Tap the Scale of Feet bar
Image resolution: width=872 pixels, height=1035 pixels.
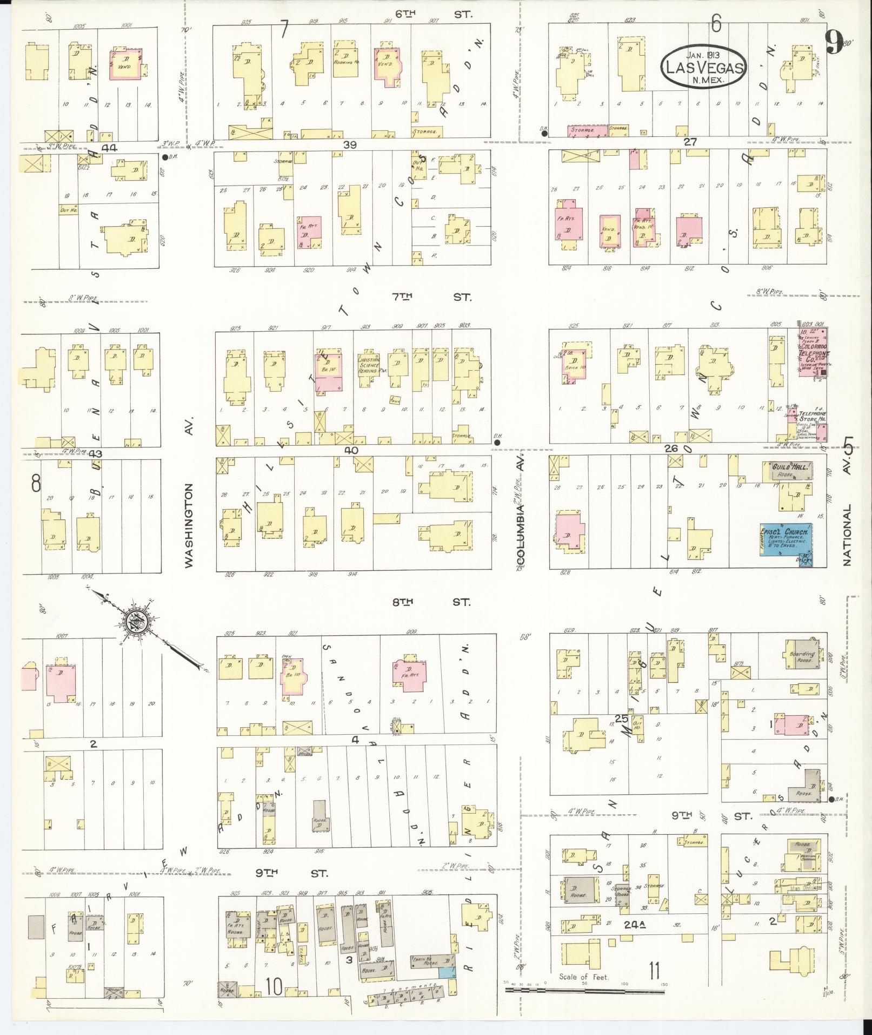584,990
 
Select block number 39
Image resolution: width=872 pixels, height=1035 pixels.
350,144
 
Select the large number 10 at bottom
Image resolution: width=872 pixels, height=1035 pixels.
274,987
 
